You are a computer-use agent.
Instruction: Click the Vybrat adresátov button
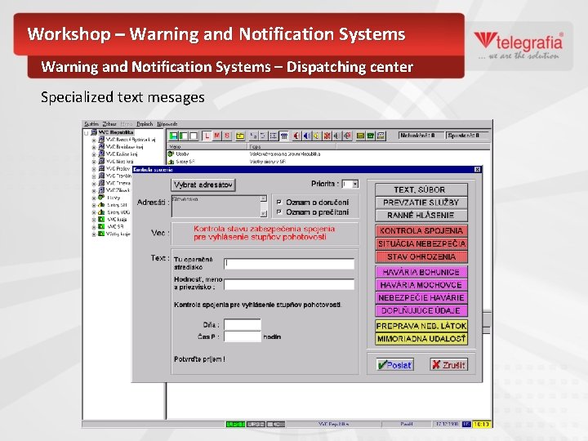[203, 185]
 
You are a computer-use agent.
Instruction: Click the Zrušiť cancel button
[448, 365]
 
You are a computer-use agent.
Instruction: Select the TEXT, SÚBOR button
[421, 189]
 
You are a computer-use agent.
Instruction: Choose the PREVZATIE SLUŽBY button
[421, 202]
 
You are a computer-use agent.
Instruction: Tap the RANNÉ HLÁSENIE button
[421, 215]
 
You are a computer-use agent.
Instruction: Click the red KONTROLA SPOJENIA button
[421, 231]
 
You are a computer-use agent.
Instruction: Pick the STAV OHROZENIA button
[421, 256]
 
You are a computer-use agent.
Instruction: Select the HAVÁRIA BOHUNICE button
[421, 272]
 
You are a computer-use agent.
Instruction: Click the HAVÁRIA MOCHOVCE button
[421, 285]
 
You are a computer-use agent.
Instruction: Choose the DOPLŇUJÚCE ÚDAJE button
[421, 310]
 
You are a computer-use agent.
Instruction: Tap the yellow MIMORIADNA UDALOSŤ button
[421, 338]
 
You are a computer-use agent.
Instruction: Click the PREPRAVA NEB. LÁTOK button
[421, 326]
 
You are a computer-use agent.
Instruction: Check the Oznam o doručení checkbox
[279, 202]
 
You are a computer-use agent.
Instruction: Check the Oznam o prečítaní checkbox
[279, 212]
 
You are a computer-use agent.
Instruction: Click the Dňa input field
[243, 324]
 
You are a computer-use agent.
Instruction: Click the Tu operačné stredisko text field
[289, 264]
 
